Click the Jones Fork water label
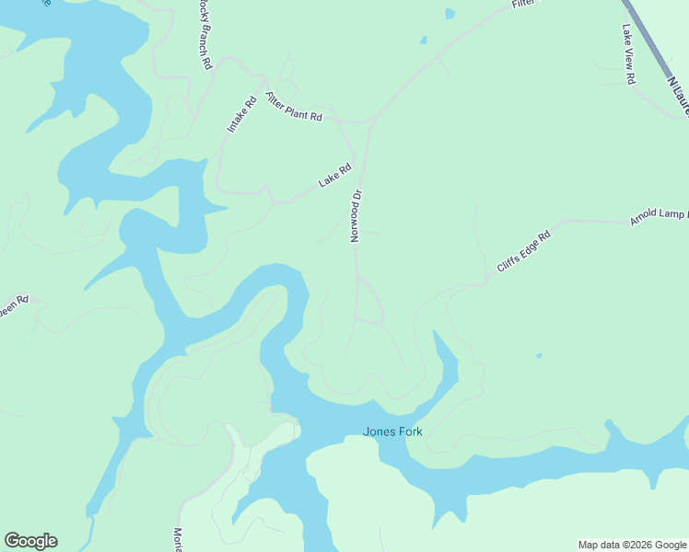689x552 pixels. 392,431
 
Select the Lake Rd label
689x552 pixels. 335,176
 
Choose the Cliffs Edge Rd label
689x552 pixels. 523,251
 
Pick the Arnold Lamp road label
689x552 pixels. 658,217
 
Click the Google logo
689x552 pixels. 30,541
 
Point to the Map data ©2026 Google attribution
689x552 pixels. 633,545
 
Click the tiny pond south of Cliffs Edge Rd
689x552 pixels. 539,355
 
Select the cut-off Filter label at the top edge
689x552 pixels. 523,6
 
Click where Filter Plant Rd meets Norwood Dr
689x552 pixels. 371,121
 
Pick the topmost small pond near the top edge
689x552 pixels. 450,14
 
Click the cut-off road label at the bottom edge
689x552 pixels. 178,539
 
